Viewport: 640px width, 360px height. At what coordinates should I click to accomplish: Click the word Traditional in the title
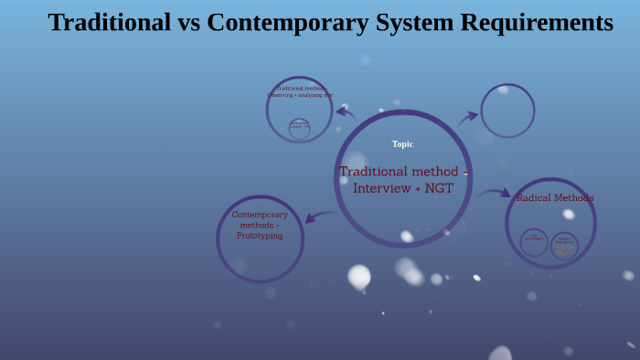point(109,22)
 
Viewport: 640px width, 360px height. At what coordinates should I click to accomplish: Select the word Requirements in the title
point(541,22)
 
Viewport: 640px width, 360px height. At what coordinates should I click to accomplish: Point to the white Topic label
point(402,143)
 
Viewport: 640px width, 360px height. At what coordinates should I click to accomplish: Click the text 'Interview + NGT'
point(403,188)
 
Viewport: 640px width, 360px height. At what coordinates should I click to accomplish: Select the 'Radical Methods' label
point(555,197)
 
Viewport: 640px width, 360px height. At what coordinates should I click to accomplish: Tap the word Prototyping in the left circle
point(260,236)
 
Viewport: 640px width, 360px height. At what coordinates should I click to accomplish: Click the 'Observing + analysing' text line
point(300,95)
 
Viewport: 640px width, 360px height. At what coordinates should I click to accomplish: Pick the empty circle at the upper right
point(507,111)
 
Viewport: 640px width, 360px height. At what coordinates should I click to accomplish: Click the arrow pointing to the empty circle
point(468,117)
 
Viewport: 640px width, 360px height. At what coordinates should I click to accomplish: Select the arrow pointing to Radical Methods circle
point(495,193)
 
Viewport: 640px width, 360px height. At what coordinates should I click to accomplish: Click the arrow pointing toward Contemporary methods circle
point(319,217)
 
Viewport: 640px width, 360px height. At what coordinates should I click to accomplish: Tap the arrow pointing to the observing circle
point(346,112)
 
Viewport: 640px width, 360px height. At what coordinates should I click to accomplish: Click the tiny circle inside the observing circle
point(299,128)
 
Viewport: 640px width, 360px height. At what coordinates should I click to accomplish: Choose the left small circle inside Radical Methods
point(534,242)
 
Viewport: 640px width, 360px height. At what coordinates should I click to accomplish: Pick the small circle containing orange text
point(564,245)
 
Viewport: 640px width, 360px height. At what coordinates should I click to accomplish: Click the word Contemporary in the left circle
point(260,215)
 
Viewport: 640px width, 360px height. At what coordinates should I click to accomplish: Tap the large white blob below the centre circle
point(359,275)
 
